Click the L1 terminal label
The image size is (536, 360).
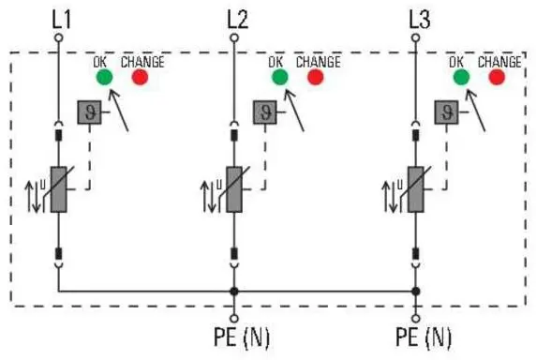pyautogui.click(x=58, y=17)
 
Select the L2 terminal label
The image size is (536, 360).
pyautogui.click(x=236, y=17)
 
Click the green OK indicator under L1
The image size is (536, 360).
pyautogui.click(x=103, y=78)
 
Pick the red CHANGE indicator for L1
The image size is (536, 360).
pyautogui.click(x=141, y=78)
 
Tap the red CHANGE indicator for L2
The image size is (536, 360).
pyautogui.click(x=315, y=78)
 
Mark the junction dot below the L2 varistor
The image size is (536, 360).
pyautogui.click(x=235, y=291)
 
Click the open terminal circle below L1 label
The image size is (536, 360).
pyautogui.click(x=58, y=38)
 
